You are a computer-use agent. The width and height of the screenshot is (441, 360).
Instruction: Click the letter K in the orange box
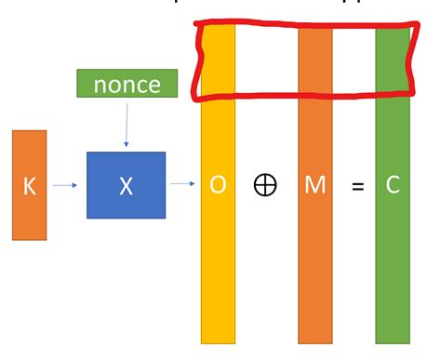pos(28,186)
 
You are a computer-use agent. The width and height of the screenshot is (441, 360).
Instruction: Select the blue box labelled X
pos(126,185)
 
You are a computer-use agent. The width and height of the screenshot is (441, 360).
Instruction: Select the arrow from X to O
pos(181,184)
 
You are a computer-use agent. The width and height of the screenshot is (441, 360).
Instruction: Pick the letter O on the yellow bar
pos(218,184)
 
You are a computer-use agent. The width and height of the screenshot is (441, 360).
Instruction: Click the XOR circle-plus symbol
pos(265,184)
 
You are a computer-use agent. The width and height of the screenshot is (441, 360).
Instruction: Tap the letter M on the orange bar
pos(314,184)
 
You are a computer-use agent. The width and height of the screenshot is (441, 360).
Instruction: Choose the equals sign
pos(357,186)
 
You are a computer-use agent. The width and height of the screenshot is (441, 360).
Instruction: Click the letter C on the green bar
pos(393,185)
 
